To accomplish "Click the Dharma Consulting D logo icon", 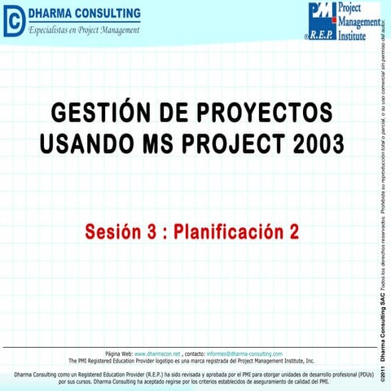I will point(14,21).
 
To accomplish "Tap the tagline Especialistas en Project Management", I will point(85,30).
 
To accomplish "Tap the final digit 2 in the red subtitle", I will point(293,232).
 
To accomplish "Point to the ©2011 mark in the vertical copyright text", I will point(381,372).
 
